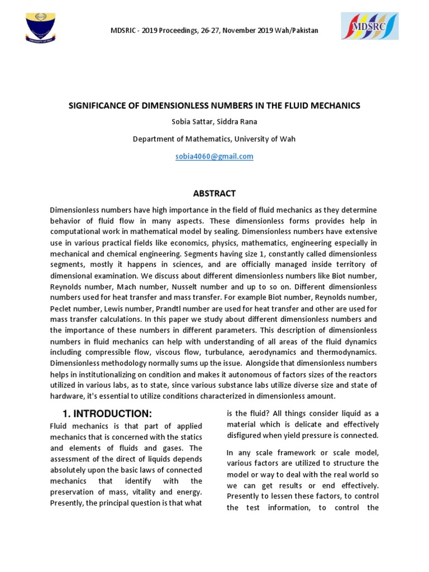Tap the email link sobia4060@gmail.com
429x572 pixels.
click(x=214, y=156)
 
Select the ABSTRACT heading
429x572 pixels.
click(x=214, y=194)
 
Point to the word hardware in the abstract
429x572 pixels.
click(x=68, y=396)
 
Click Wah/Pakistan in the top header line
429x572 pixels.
click(x=294, y=30)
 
